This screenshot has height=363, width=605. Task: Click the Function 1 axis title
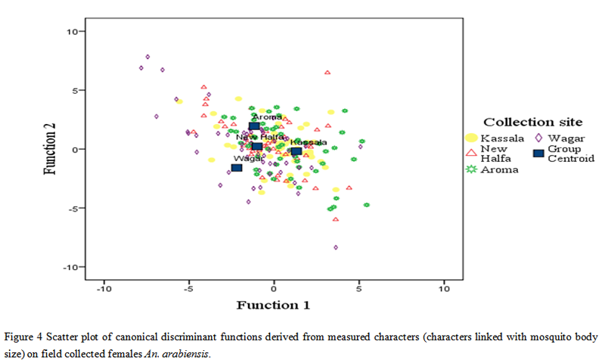tap(273, 306)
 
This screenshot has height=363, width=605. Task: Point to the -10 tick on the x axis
tap(104, 288)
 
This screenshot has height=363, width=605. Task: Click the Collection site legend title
tap(532, 122)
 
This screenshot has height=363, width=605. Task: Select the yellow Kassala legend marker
tap(471, 138)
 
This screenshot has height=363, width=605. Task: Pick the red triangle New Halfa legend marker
tap(471, 154)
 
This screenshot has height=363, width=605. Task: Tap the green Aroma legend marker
tap(471, 169)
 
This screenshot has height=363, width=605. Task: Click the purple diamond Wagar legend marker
tap(538, 138)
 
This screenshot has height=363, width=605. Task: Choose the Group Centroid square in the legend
tap(538, 154)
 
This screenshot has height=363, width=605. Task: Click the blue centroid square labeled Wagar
tap(237, 167)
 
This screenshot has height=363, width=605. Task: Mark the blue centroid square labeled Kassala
tap(296, 151)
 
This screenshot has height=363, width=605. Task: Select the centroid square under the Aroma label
tap(254, 127)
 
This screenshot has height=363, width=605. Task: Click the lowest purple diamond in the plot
tap(336, 247)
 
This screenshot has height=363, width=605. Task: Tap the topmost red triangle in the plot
tap(327, 73)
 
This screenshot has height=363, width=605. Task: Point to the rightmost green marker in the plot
tap(366, 204)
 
